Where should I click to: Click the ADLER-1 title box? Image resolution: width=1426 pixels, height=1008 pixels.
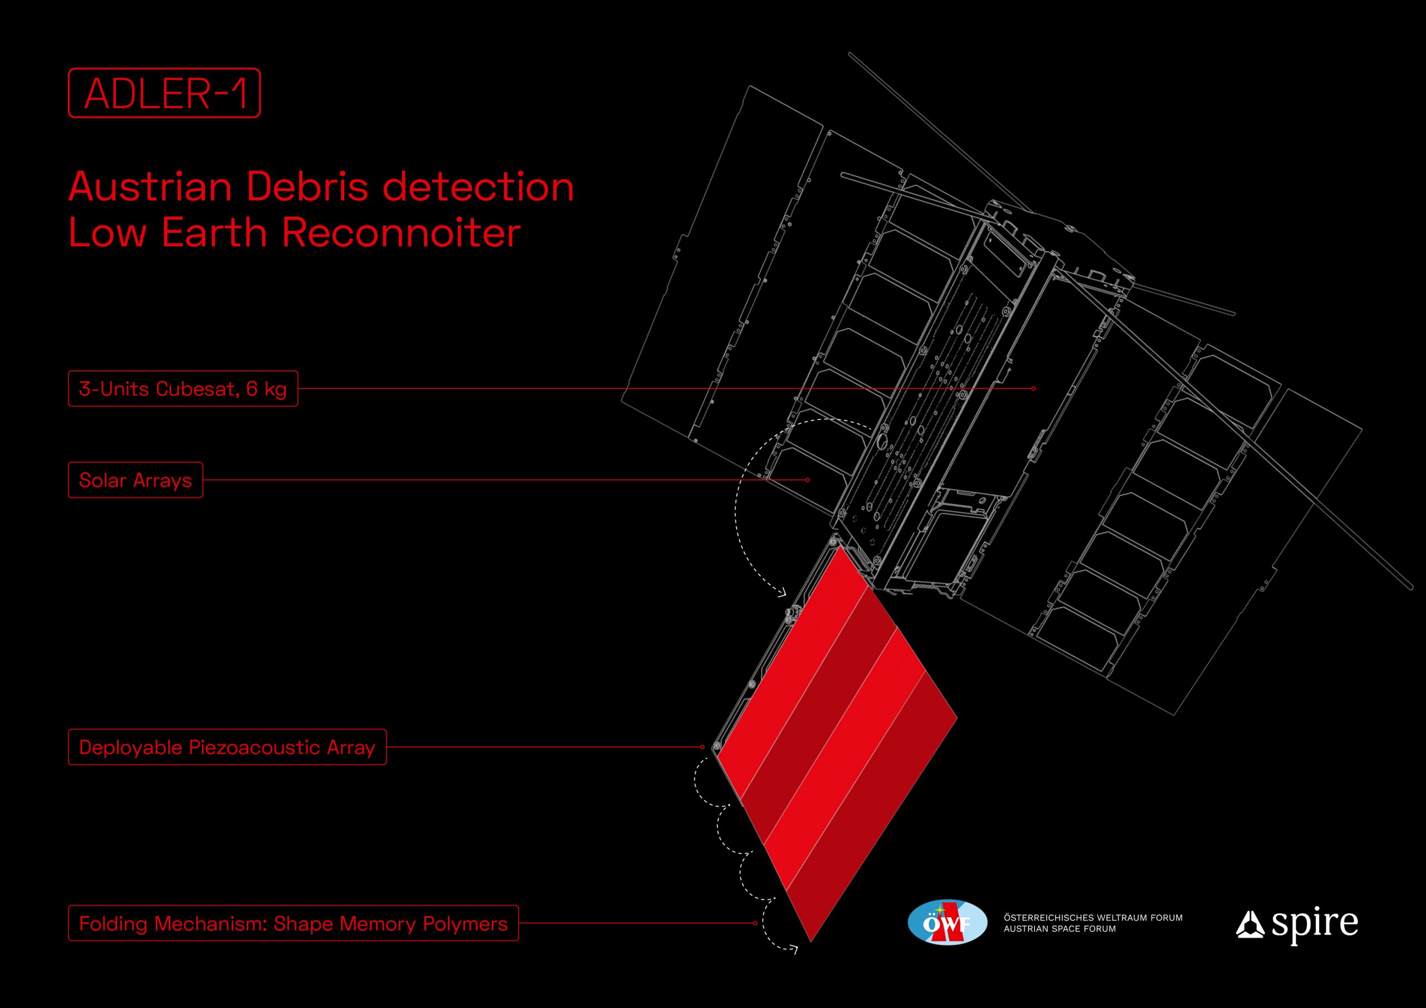click(x=164, y=92)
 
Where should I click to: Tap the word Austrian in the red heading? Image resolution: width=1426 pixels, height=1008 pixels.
click(x=150, y=187)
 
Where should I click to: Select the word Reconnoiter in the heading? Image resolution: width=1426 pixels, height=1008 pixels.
click(x=401, y=233)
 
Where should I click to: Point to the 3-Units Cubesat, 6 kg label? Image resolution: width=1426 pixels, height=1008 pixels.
click(x=183, y=389)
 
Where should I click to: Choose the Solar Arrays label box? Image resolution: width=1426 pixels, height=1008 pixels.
click(x=135, y=479)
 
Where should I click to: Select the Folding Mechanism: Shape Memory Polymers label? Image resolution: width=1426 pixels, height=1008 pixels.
click(x=293, y=923)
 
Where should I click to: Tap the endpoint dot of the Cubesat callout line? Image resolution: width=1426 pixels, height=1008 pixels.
click(x=1033, y=389)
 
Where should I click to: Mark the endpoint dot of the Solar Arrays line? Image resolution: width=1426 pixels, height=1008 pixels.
click(x=807, y=480)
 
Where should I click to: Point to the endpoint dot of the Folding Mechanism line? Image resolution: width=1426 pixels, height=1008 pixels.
click(x=755, y=923)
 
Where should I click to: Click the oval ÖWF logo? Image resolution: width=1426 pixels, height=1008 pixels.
click(x=947, y=923)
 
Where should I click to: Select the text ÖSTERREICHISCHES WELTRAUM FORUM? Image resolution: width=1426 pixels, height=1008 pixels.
click(x=1093, y=917)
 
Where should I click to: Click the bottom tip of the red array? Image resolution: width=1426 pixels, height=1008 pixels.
click(x=811, y=942)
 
